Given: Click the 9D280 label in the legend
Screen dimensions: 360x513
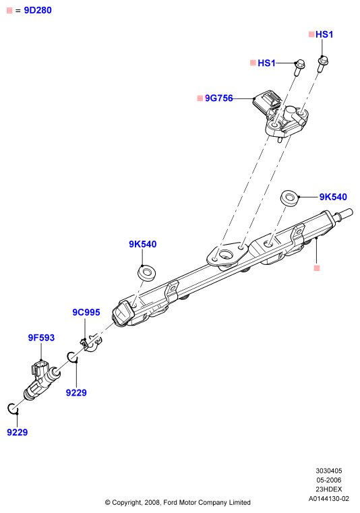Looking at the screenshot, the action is tap(38, 11).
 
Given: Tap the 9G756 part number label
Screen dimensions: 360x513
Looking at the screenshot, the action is tap(218, 98).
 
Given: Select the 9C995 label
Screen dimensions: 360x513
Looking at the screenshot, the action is tap(86, 312).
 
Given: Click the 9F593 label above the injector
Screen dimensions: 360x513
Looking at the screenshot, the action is tap(41, 338).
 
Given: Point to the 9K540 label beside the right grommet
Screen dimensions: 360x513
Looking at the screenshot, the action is tap(333, 197).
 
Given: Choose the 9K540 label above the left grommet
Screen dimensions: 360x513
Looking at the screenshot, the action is tap(143, 244).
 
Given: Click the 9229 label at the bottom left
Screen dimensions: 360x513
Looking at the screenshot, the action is tap(18, 433).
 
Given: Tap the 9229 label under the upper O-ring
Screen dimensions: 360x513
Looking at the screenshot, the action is tap(76, 392).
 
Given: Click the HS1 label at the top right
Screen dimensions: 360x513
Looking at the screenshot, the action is tap(324, 34).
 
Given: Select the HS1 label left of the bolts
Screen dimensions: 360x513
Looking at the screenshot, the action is tap(266, 63).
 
